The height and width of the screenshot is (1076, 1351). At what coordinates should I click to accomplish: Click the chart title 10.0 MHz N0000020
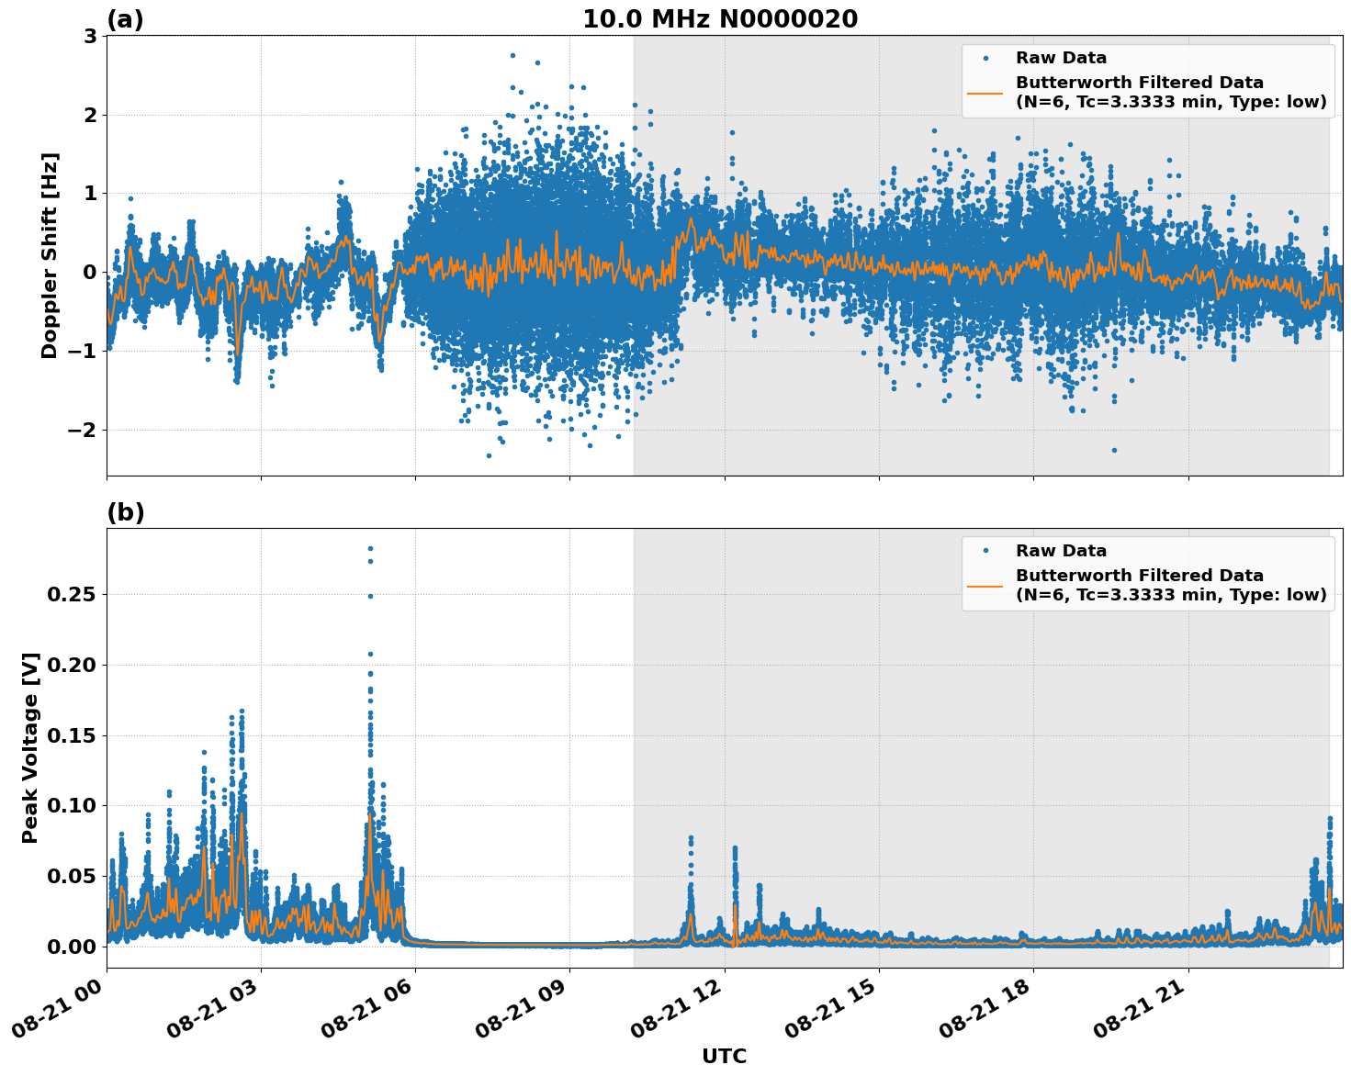pos(720,19)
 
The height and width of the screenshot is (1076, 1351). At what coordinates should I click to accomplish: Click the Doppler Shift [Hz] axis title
pos(50,255)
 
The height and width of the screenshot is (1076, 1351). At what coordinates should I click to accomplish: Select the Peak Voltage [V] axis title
pos(30,747)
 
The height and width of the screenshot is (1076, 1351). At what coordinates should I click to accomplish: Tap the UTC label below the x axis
pos(724,1057)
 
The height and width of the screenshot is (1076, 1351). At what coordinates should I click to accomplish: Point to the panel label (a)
pos(125,19)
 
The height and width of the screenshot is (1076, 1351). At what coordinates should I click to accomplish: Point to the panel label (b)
pos(125,512)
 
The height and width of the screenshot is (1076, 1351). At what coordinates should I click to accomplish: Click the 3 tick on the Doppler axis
pos(90,36)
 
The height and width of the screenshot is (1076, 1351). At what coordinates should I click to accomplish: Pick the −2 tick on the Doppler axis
pos(83,430)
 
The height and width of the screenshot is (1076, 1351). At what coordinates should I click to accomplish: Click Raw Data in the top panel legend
pos(1061,58)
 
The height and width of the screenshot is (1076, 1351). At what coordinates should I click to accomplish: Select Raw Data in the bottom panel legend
pos(1061,551)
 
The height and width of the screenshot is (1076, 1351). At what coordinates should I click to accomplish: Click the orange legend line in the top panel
pos(985,92)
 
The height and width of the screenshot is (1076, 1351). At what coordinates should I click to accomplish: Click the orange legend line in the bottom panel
pos(985,585)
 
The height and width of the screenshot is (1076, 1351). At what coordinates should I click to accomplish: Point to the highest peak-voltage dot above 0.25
pos(370,548)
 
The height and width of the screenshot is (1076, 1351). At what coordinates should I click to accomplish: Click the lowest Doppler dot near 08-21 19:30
pos(1114,450)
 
